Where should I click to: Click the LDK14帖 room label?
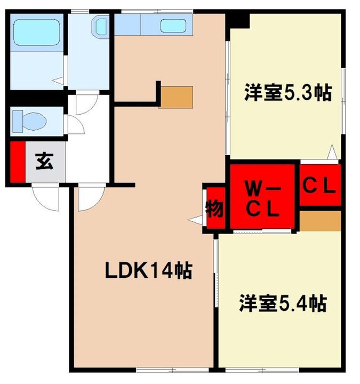pos(148,271)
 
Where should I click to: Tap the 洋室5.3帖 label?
pos(287,92)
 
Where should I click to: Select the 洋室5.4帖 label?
pos(282,303)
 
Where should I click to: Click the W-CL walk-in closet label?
pos(262,198)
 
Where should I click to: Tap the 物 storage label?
pos(215,209)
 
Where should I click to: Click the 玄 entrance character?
pos(44,162)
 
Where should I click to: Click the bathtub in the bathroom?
pos(36,33)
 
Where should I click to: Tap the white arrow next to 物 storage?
pos(195,219)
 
